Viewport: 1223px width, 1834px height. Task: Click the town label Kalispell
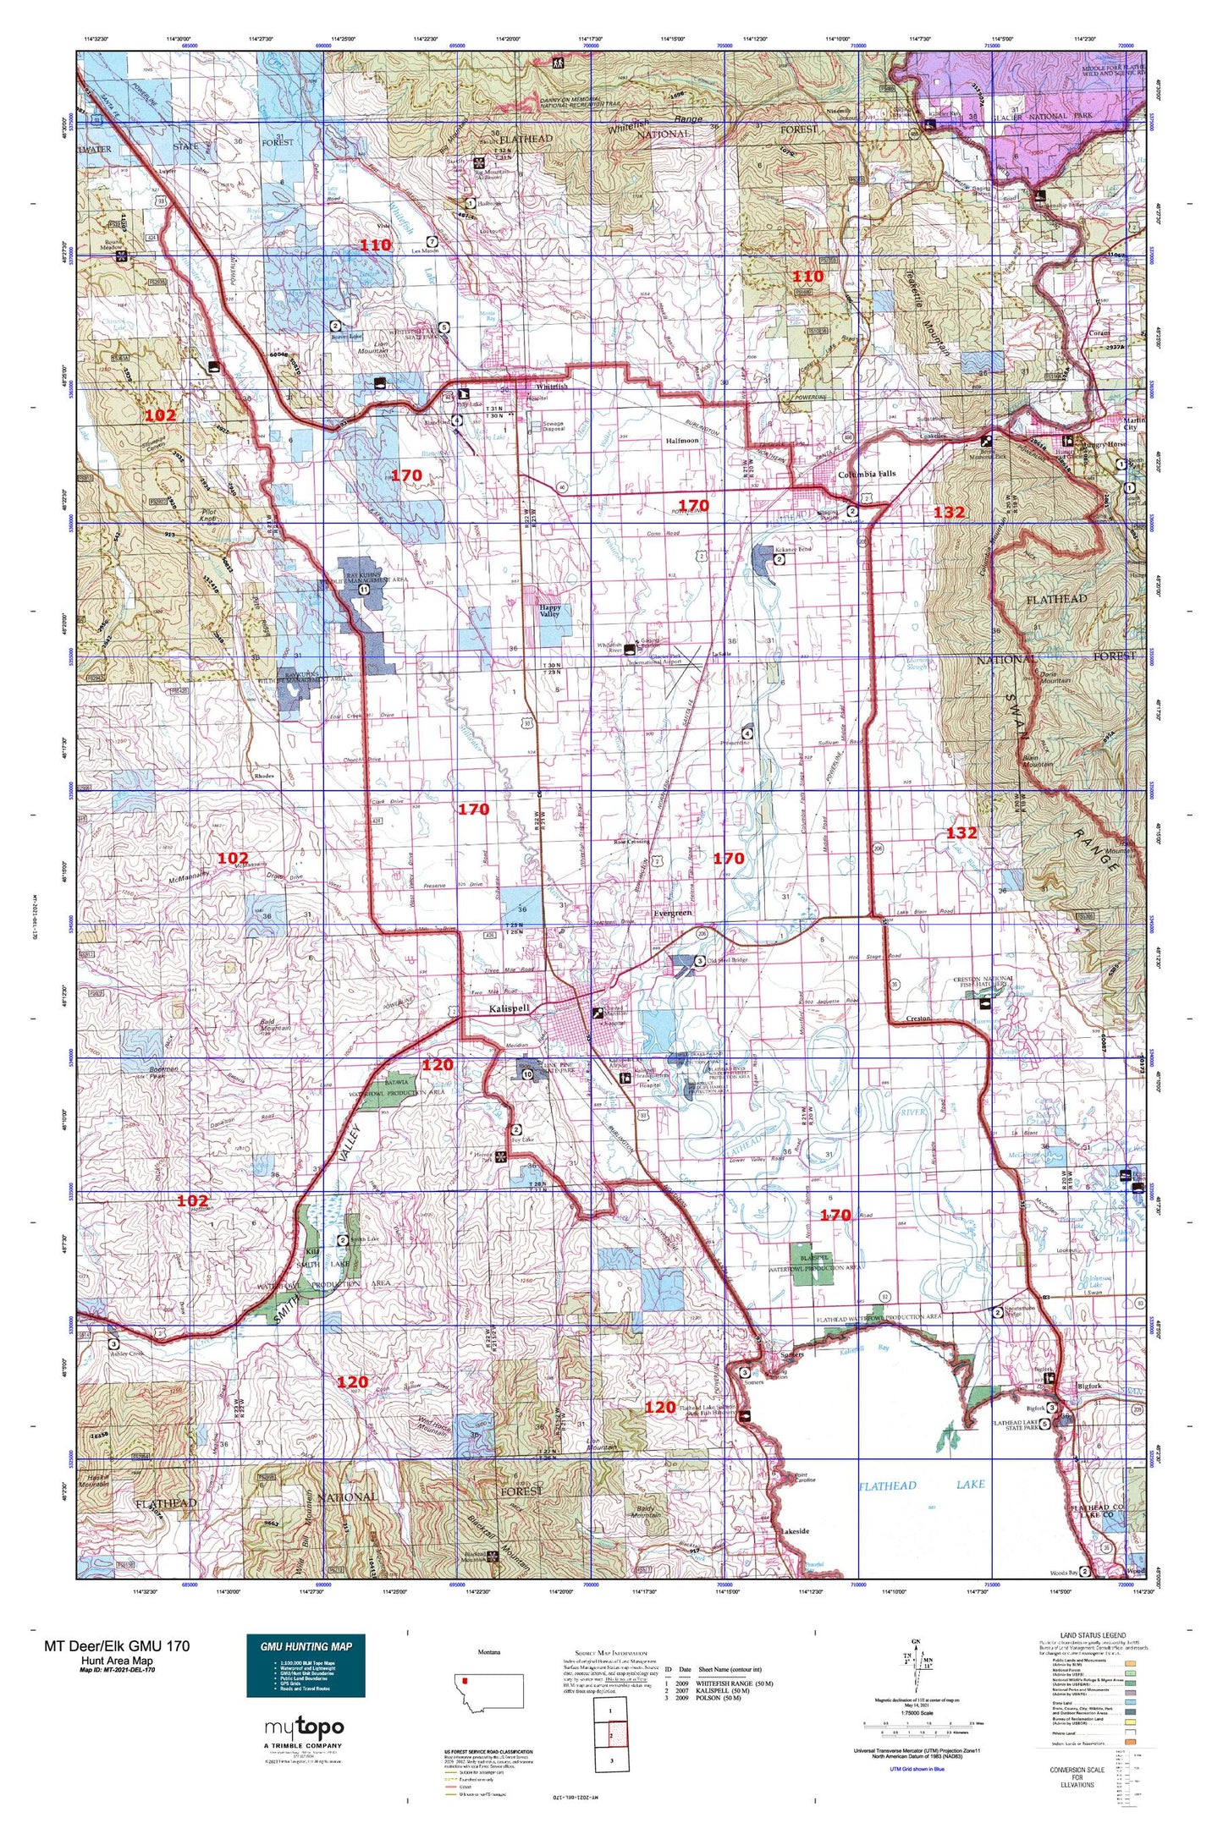point(509,1009)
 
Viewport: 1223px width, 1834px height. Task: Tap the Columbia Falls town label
point(867,474)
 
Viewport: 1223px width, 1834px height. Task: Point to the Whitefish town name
point(550,387)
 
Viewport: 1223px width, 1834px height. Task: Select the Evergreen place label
point(674,913)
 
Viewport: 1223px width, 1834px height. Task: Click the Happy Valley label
point(550,611)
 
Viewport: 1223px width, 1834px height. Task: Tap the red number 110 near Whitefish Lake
point(376,245)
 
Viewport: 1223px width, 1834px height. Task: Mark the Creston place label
point(918,1019)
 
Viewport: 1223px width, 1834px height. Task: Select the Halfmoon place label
point(682,441)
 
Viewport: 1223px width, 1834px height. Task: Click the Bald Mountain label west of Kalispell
point(275,1025)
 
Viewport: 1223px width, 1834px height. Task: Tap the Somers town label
point(792,1354)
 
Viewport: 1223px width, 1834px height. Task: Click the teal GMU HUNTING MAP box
point(306,1665)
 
